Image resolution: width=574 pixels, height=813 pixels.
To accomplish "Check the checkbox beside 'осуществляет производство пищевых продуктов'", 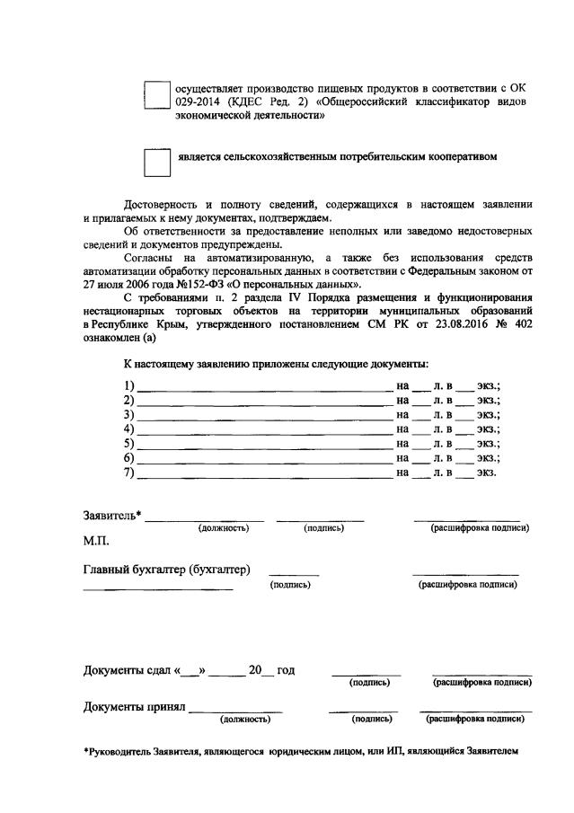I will tap(157, 94).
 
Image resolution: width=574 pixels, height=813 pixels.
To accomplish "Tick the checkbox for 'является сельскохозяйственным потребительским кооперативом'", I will tap(157, 162).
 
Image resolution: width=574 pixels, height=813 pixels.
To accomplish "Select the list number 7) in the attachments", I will tap(128, 473).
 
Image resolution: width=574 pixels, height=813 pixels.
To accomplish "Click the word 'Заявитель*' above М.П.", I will tap(112, 515).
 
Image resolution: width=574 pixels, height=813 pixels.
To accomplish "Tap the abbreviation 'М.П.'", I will tap(96, 543).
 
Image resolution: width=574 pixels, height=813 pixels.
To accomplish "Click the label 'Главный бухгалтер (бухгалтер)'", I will tap(166, 570).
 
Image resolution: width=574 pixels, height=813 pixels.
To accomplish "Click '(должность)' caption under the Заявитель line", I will tap(223, 528).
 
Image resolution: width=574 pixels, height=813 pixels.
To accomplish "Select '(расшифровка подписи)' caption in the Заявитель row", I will tap(480, 528).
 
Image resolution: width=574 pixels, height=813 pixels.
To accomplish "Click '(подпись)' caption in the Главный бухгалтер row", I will tap(290, 585).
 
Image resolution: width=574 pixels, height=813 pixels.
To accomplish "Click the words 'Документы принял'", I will tap(134, 706).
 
